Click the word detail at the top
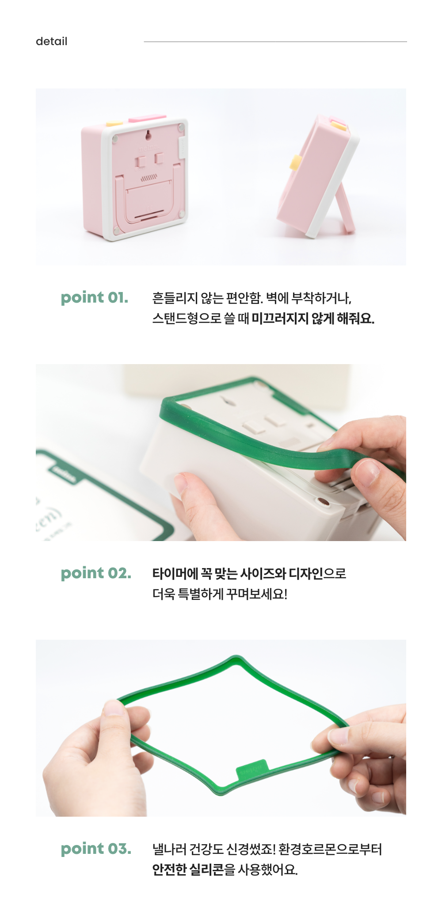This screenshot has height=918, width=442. point(51,41)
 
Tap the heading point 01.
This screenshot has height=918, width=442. point(94,297)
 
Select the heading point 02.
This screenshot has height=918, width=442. point(96,573)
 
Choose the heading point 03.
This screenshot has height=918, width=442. point(96,849)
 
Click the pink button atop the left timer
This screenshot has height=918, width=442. point(147,118)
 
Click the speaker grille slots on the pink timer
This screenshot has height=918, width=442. point(149,177)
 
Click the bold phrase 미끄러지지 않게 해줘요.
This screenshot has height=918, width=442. point(313,319)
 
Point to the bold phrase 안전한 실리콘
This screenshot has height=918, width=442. point(188,870)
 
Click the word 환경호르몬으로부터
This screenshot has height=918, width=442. point(330,849)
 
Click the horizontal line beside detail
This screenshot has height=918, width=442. point(275,42)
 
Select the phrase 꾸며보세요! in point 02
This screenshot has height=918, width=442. point(257,594)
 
